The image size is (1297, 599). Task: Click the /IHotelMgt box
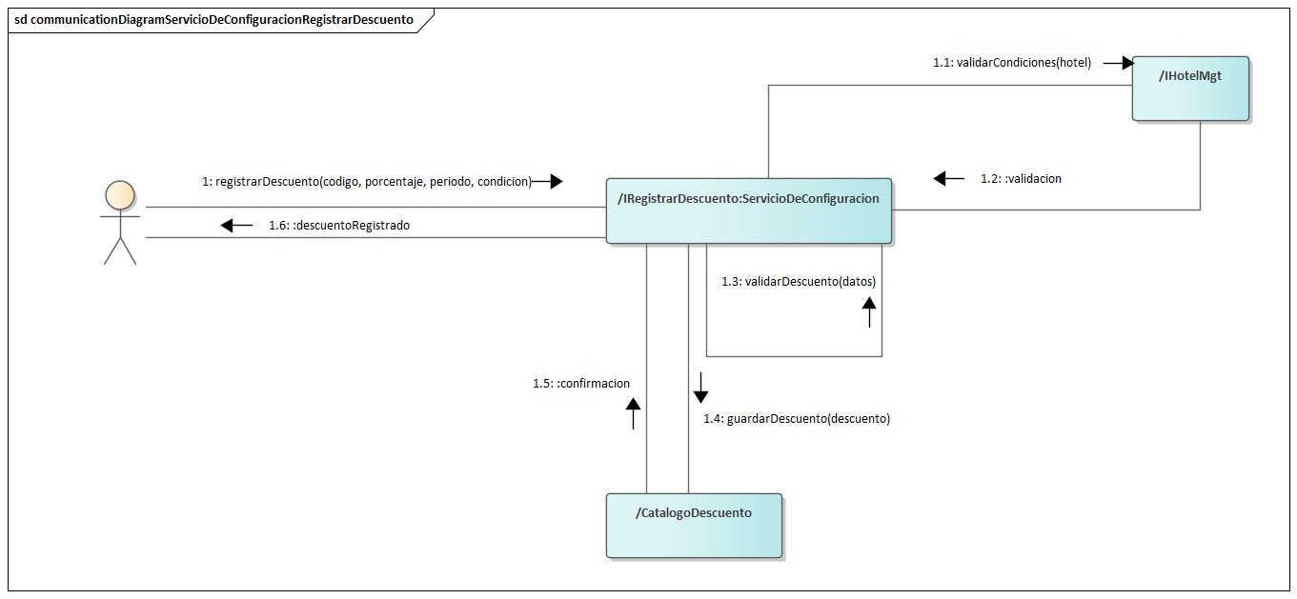point(1190,89)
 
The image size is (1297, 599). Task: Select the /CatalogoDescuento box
point(694,525)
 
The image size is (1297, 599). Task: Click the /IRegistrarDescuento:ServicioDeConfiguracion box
point(749,210)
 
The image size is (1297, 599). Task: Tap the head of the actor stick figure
point(119,194)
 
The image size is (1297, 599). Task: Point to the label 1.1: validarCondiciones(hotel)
point(1011,63)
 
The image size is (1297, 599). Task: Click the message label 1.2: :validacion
point(1021,178)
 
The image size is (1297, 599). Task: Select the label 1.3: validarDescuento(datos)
point(798,281)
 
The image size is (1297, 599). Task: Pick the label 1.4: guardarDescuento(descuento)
point(796,418)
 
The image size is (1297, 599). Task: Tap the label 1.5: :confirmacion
point(581,383)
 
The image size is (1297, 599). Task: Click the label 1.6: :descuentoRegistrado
point(338,226)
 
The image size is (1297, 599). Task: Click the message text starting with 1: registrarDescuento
point(366,181)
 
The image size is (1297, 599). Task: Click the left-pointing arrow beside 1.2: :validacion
point(948,178)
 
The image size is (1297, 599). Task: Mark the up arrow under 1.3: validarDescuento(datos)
point(869,311)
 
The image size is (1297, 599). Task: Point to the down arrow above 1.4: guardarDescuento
point(700,388)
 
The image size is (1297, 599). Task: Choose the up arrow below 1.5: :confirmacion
point(633,413)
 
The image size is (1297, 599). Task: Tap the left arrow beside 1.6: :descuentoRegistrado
point(234,226)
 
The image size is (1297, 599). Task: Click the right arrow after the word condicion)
point(547,181)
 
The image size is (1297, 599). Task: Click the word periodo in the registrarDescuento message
point(450,181)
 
